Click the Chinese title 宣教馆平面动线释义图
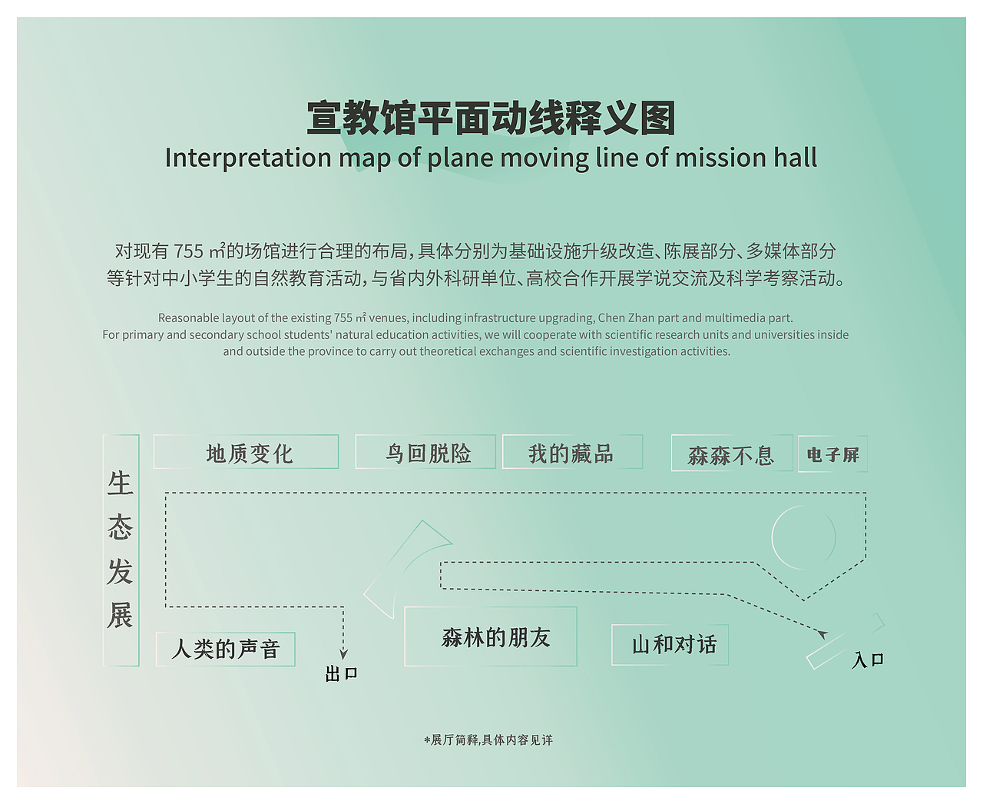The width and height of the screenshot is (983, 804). (491, 118)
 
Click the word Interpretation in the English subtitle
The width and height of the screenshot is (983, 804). (247, 158)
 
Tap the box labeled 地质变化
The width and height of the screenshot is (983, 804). (247, 452)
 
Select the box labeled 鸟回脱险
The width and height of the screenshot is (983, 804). (425, 452)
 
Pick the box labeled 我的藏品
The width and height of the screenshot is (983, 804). (572, 452)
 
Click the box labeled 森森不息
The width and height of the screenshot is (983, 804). (731, 453)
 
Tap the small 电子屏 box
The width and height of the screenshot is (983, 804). (832, 454)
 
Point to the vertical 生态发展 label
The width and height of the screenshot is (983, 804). (121, 550)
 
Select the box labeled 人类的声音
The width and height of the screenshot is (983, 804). (226, 649)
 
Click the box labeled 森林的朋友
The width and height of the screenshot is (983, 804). (491, 636)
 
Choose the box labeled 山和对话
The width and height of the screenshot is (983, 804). (670, 644)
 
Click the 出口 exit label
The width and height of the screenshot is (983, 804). (341, 674)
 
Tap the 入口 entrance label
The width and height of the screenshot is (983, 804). (868, 660)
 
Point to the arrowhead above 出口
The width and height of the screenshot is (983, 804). (343, 654)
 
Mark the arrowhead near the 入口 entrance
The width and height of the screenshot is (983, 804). (822, 634)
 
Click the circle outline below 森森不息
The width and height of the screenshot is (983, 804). (803, 537)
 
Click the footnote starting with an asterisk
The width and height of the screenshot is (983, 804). (488, 740)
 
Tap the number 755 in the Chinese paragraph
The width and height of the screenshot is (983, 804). (188, 251)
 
